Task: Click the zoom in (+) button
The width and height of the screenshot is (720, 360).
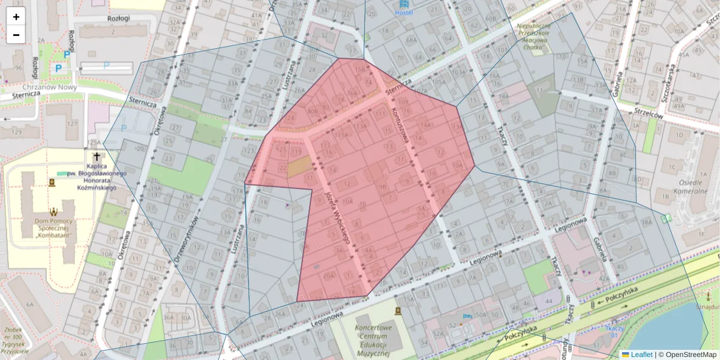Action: coord(16,17)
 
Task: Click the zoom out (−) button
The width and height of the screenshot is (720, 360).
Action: coord(16,35)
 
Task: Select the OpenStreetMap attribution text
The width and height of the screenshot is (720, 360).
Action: coord(687,355)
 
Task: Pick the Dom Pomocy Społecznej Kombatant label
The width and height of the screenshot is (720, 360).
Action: coord(54,227)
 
